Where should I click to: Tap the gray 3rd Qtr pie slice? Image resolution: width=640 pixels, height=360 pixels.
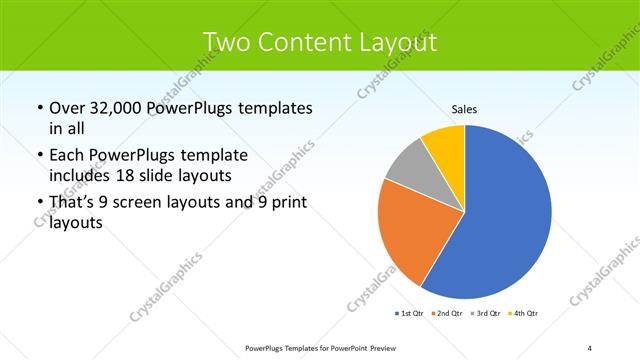pos(408,166)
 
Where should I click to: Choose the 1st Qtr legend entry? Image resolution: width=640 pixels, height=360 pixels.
pos(409,314)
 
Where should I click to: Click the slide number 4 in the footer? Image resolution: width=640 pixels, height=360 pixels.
pos(590,347)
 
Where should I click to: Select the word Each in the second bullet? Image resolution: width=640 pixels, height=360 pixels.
pos(67,156)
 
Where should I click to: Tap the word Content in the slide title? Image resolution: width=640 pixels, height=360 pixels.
pos(304,42)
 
